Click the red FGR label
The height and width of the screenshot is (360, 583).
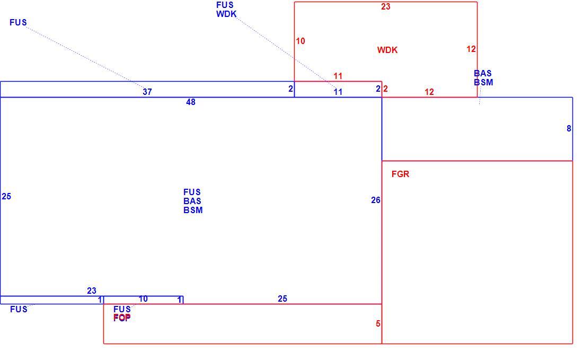[x=401, y=174]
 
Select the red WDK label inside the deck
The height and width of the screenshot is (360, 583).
[x=387, y=50]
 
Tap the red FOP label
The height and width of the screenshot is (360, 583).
[x=122, y=318]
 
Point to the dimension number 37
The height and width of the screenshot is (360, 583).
[x=147, y=92]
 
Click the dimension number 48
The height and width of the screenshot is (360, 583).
[x=191, y=102]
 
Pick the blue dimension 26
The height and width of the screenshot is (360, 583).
[x=376, y=200]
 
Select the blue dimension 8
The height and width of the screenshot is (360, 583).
[x=569, y=128]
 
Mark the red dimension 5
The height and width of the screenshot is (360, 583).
[x=378, y=323]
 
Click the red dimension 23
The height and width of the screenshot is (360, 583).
[x=386, y=6]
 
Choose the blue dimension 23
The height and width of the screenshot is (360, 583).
[x=92, y=291]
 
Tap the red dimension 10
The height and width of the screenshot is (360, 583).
[x=301, y=41]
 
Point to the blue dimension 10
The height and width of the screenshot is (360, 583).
[x=143, y=298]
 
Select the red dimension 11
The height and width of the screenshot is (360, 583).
[x=338, y=76]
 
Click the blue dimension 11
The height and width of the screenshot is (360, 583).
[x=338, y=92]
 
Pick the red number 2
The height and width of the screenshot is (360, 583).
[x=385, y=89]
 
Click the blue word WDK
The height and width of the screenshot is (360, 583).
[x=226, y=14]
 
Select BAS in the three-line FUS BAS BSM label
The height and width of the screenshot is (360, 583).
[x=192, y=201]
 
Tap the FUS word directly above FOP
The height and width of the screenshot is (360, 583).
[x=122, y=309]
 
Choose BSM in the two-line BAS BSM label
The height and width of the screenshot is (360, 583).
[x=484, y=82]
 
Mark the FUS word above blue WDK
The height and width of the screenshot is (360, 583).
[x=225, y=5]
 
